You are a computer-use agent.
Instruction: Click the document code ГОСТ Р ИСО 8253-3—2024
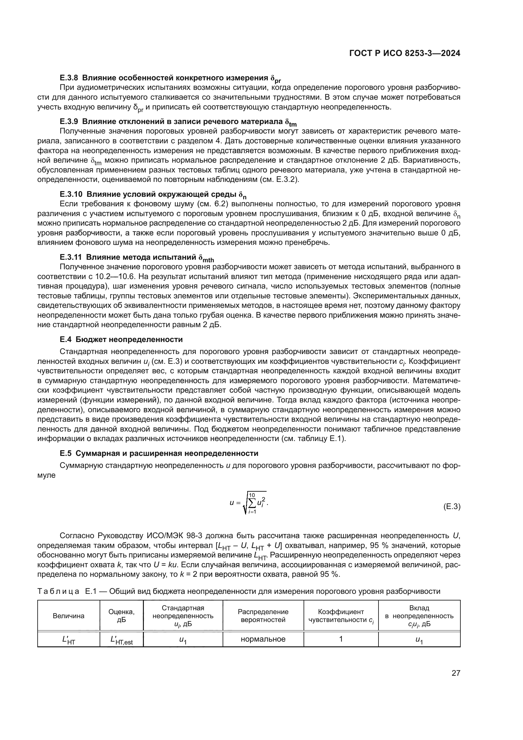[404, 53]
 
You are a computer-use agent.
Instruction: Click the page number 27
[456, 673]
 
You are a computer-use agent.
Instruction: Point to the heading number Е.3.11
[71, 257]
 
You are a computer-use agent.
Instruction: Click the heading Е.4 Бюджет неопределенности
[121, 339]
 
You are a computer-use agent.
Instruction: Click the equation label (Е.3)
[452, 507]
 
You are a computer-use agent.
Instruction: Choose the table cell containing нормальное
[263, 639]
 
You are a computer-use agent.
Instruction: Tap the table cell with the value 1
[341, 639]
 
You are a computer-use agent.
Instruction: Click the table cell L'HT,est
[121, 640]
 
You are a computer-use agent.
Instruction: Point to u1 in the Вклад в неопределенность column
[419, 640]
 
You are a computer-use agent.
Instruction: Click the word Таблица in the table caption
[58, 591]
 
